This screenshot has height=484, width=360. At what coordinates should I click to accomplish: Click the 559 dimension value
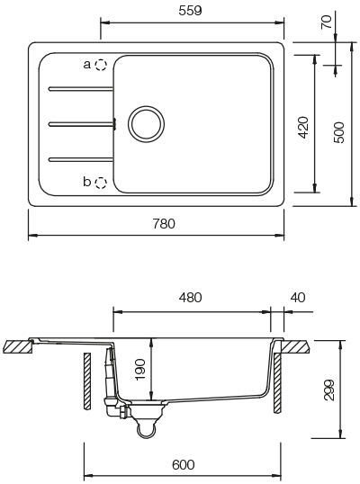coord(190,11)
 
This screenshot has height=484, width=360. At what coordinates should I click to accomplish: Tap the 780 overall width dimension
coord(164,224)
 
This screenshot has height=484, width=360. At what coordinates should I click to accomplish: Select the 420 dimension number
coord(303,127)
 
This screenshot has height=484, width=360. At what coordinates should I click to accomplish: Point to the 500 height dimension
coord(339,132)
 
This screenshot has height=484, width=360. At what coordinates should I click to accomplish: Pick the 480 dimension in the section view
coord(190,297)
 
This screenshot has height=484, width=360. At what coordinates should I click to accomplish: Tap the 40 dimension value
coord(298,297)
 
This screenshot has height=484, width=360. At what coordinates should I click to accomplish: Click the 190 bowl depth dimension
coord(139,369)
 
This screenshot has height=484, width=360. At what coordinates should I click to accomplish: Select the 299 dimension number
coord(329,390)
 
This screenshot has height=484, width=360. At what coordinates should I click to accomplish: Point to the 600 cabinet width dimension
coord(183,464)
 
